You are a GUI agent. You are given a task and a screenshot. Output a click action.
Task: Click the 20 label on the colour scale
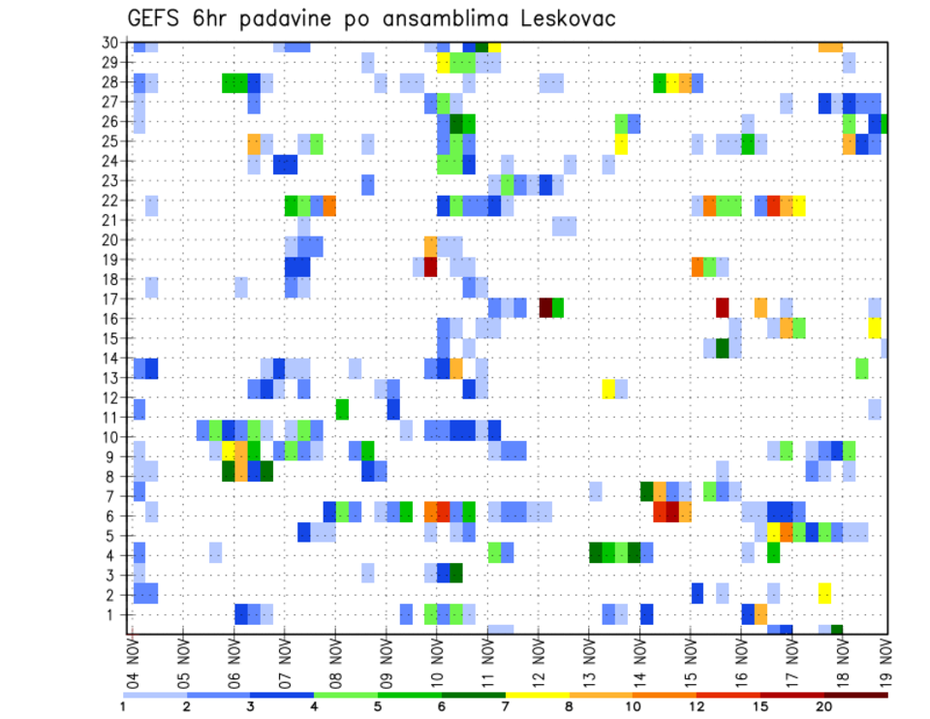pyautogui.click(x=824, y=706)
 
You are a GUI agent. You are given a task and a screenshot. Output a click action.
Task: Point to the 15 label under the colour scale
pyautogui.click(x=761, y=706)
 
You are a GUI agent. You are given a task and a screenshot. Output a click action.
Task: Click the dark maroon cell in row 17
pyautogui.click(x=545, y=307)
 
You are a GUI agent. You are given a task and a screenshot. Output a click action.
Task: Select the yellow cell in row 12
pyautogui.click(x=608, y=389)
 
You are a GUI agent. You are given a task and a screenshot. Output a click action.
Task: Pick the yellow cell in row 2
pyautogui.click(x=824, y=592)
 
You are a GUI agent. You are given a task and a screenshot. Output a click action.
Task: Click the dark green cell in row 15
pyautogui.click(x=722, y=347)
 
